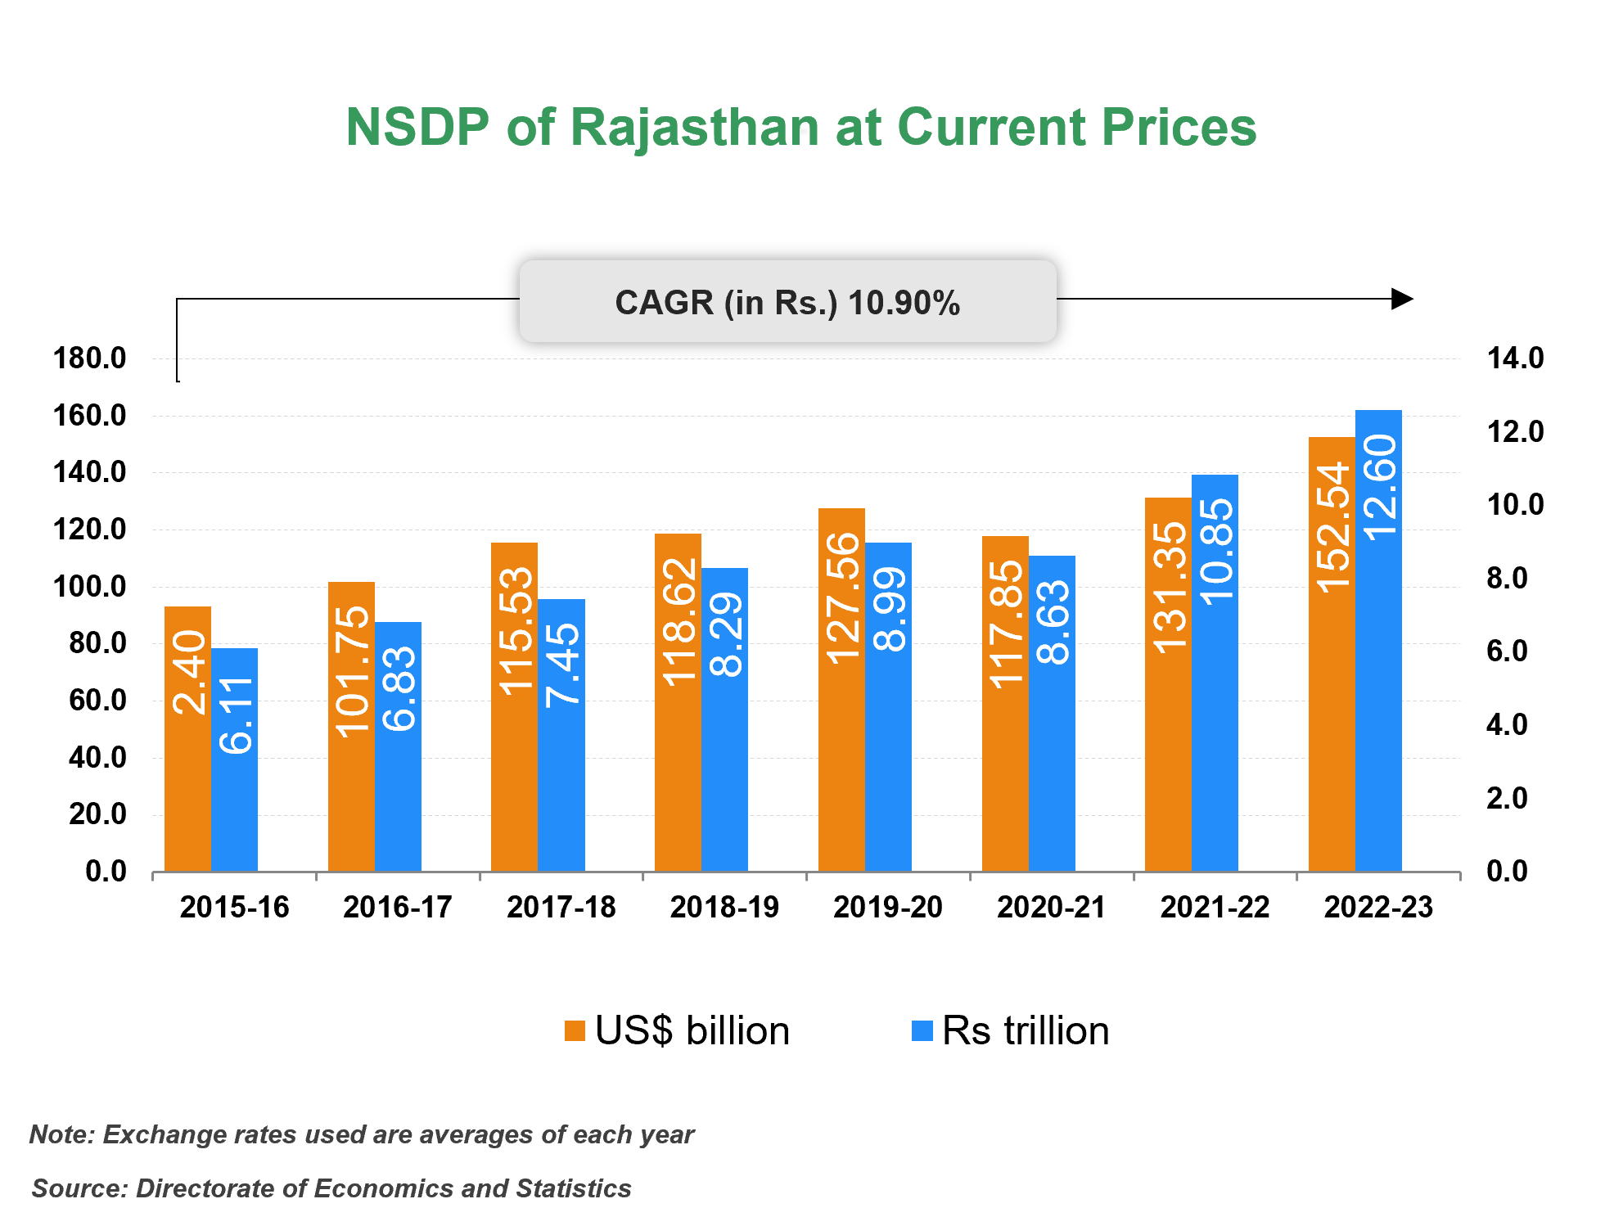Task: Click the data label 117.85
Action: (x=1006, y=624)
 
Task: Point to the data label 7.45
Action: (x=562, y=664)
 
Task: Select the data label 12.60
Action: (x=1379, y=486)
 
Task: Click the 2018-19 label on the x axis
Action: (x=724, y=907)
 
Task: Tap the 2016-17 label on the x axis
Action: (x=398, y=907)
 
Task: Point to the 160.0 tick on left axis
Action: (x=90, y=416)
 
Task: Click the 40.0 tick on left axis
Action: (x=97, y=758)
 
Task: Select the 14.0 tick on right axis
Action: (x=1515, y=358)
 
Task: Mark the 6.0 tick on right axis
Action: (x=1507, y=651)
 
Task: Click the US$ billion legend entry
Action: (x=678, y=1030)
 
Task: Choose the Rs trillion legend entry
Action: (x=1011, y=1030)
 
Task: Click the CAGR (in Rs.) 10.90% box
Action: (x=787, y=302)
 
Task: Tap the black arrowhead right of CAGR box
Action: (x=1402, y=299)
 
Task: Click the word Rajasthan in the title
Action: (x=694, y=128)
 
